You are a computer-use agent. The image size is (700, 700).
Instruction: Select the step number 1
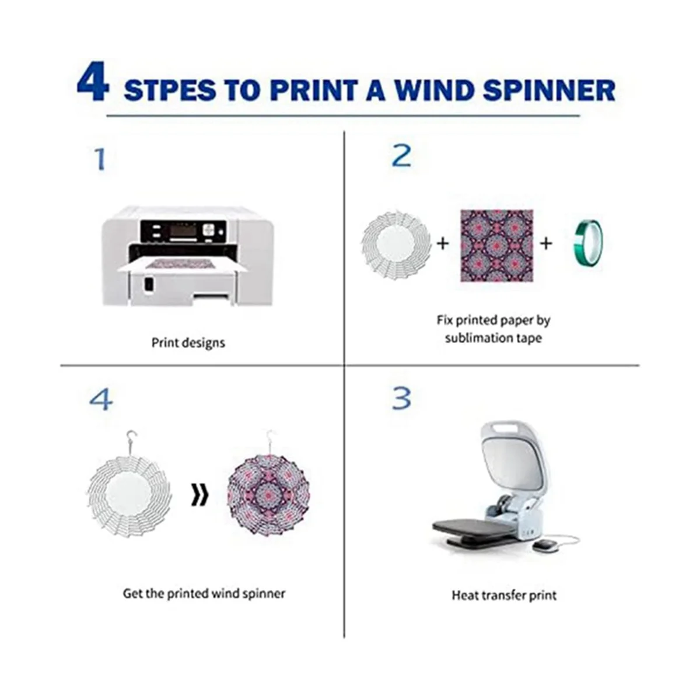pyautogui.click(x=100, y=159)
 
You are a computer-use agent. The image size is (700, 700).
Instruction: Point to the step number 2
pyautogui.click(x=402, y=156)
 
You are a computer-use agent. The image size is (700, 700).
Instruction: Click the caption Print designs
pyautogui.click(x=188, y=342)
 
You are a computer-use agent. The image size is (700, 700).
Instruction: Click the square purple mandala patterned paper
pyautogui.click(x=497, y=245)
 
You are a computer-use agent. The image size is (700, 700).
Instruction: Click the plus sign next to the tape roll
pyautogui.click(x=546, y=243)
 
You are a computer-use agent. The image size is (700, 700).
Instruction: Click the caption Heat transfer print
pyautogui.click(x=504, y=595)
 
